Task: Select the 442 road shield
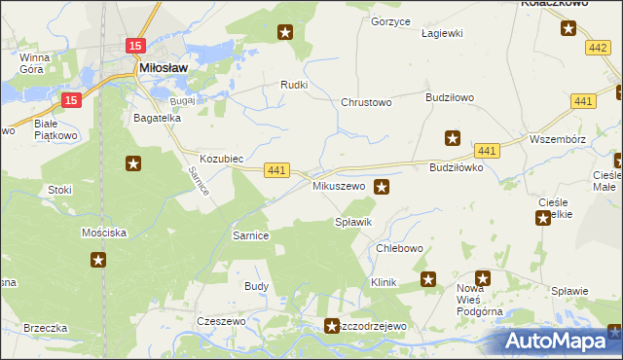coord(598,47)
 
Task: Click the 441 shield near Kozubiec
coord(276,170)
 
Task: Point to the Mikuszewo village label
coord(338,185)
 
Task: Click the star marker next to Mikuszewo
coord(383,186)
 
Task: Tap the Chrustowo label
coord(365,102)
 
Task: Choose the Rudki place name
coord(294,85)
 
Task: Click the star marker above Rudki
coord(285,33)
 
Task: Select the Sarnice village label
coord(250,235)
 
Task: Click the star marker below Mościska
coord(98,259)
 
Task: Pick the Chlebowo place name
coord(399,248)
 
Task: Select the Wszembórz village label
coord(558,138)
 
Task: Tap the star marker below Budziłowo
coord(452,137)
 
